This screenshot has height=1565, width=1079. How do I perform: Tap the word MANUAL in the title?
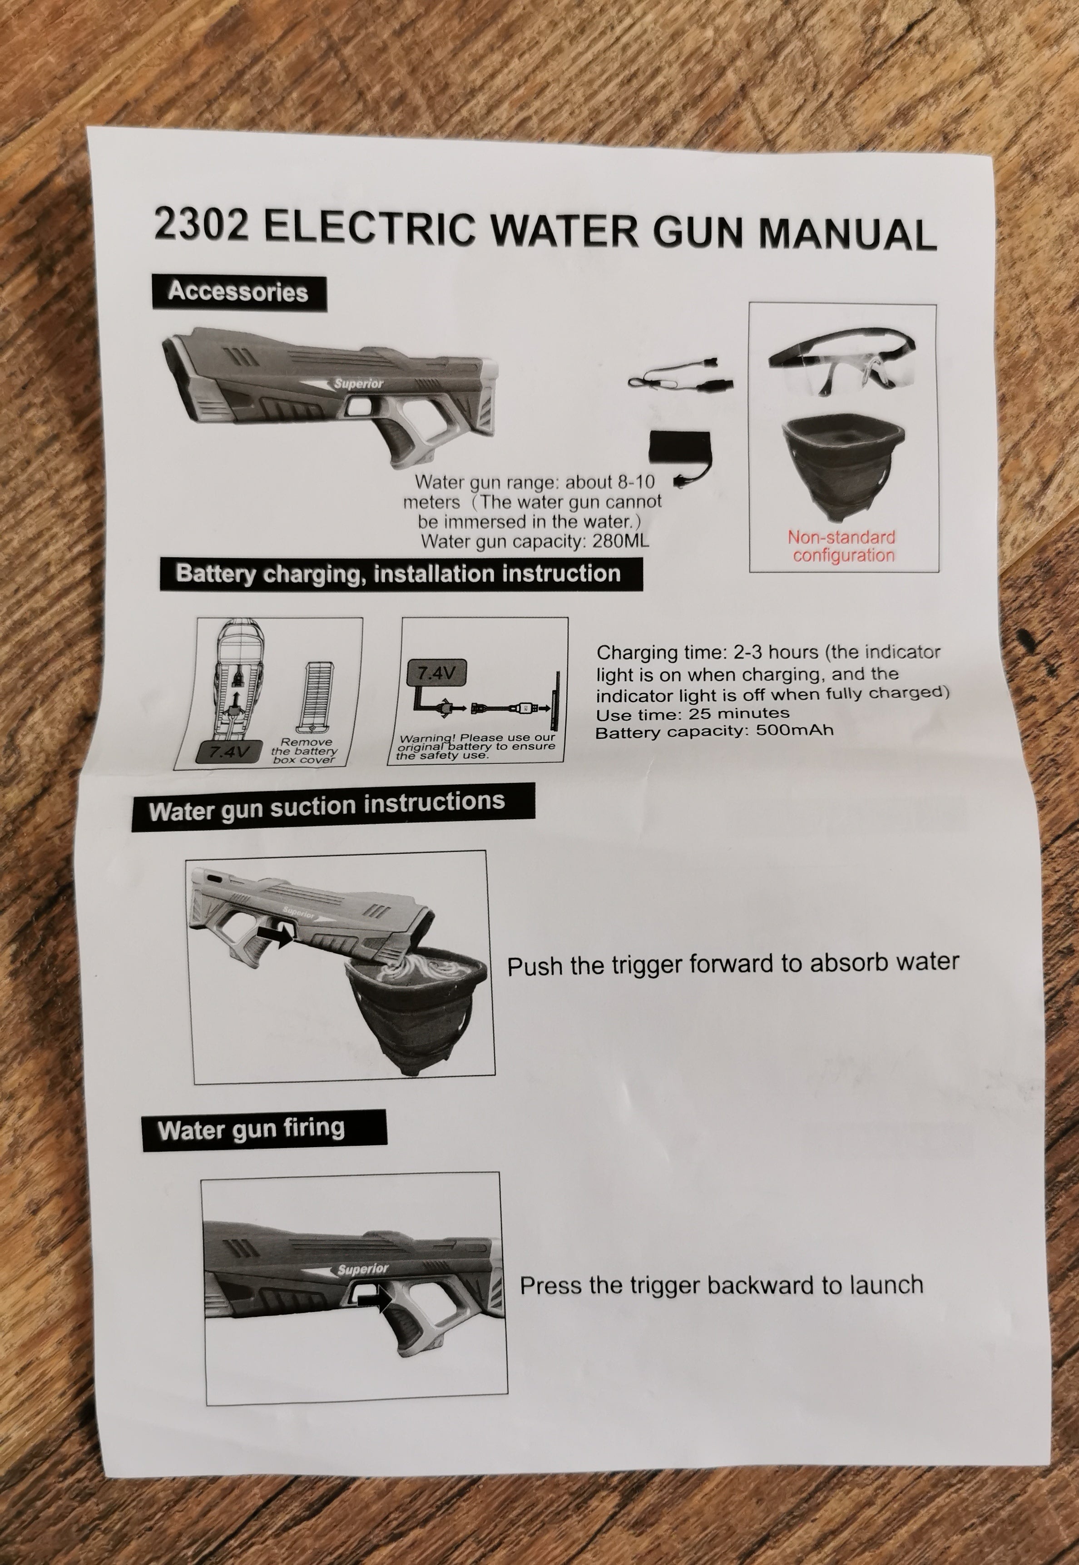pos(847,233)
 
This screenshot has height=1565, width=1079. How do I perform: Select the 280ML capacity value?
pos(620,541)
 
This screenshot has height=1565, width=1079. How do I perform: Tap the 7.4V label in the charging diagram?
pos(436,674)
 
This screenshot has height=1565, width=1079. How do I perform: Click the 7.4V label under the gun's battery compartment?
pos(230,751)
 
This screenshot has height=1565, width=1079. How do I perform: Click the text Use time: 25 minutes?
pos(692,714)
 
